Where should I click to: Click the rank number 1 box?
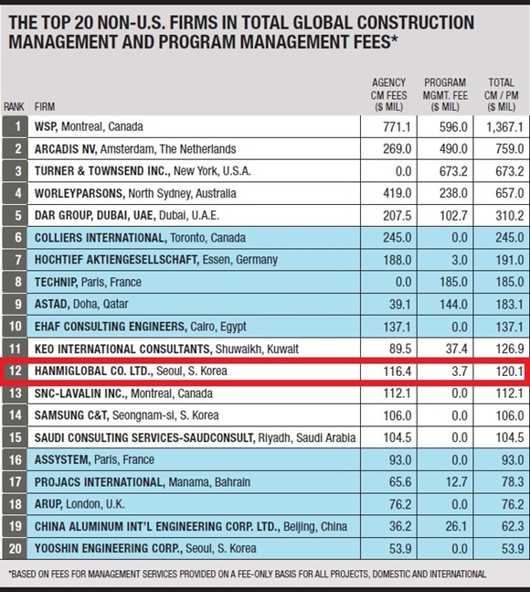coord(15,126)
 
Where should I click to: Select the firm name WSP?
coord(47,126)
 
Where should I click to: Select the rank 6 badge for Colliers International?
coord(15,238)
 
